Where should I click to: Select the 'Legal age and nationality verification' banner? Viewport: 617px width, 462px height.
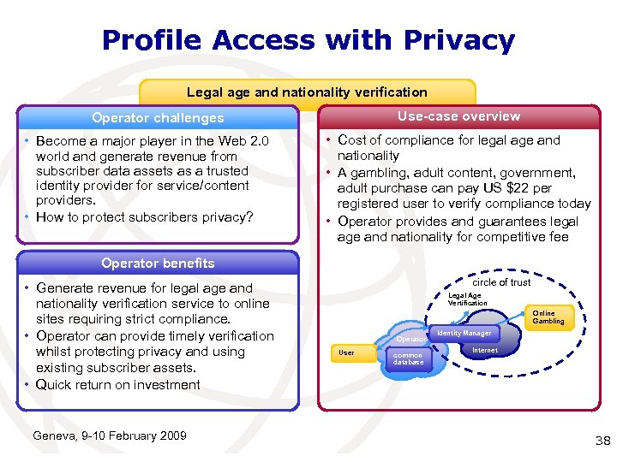pyautogui.click(x=307, y=92)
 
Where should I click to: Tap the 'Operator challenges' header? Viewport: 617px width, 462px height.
pyautogui.click(x=158, y=118)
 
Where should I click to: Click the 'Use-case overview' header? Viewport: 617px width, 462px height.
pyautogui.click(x=458, y=116)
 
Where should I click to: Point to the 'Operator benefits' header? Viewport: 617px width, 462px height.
pyautogui.click(x=158, y=264)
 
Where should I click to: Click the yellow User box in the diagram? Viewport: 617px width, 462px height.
pyautogui.click(x=347, y=352)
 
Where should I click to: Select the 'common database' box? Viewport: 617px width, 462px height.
pyautogui.click(x=408, y=358)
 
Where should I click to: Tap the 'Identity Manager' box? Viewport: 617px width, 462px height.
pyautogui.click(x=464, y=333)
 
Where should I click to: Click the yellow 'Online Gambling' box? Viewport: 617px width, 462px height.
pyautogui.click(x=548, y=317)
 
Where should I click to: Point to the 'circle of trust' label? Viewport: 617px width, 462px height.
pyautogui.click(x=501, y=282)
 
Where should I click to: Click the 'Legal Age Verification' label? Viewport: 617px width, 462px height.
pyautogui.click(x=467, y=299)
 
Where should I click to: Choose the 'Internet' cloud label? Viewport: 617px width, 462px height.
pyautogui.click(x=485, y=350)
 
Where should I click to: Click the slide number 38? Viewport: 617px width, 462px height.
pyautogui.click(x=602, y=441)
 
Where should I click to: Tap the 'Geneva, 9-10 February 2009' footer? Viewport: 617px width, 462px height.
pyautogui.click(x=109, y=436)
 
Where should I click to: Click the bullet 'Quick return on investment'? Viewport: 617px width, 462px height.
pyautogui.click(x=118, y=385)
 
